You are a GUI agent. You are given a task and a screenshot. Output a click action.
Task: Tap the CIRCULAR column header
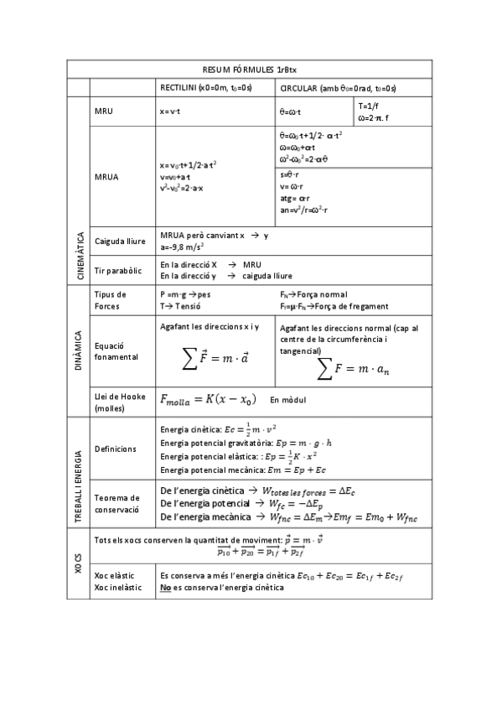(x=338, y=88)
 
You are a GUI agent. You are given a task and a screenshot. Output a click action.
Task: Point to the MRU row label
(x=104, y=111)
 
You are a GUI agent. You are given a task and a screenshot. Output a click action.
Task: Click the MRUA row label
(x=106, y=177)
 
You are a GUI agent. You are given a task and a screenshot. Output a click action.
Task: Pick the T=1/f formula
(x=368, y=106)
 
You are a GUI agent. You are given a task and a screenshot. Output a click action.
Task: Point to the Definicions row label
(x=116, y=449)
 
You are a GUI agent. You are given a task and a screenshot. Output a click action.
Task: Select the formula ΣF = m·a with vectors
(x=215, y=358)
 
